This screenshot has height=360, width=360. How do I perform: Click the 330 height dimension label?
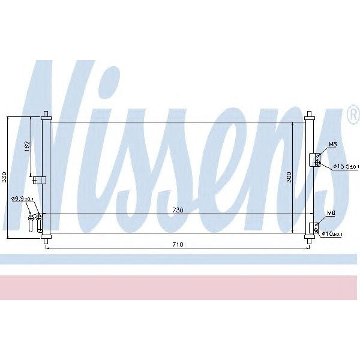pyautogui.click(x=4, y=177)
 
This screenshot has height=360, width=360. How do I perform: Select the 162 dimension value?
pyautogui.click(x=27, y=146)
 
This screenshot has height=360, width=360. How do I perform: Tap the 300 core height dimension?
pyautogui.click(x=289, y=177)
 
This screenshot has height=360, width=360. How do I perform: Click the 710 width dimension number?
pyautogui.click(x=178, y=244)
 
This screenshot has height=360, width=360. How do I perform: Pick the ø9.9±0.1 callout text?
pyautogui.click(x=22, y=199)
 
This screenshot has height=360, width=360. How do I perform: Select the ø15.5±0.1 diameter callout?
pyautogui.click(x=346, y=166)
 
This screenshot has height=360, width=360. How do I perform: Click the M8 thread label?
pyautogui.click(x=332, y=145)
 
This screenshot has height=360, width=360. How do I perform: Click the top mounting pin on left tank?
pyautogui.click(x=46, y=114)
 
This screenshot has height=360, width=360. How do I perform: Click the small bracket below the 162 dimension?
pyautogui.click(x=39, y=179)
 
